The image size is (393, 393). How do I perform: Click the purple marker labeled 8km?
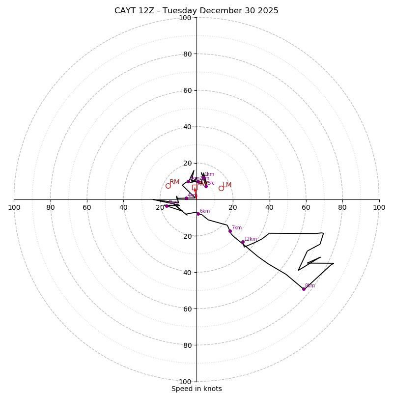pyautogui.click(x=304, y=289)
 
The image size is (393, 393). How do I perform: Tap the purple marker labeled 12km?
pyautogui.click(x=243, y=242)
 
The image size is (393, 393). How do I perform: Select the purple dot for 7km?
pyautogui.click(x=230, y=231)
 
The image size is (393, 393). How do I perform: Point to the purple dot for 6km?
pyautogui.click(x=198, y=214)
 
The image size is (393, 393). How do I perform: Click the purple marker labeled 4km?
pyautogui.click(x=186, y=198)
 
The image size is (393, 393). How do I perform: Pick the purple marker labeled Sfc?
pyautogui.click(x=206, y=186)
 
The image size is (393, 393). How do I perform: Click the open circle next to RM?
pyautogui.click(x=168, y=186)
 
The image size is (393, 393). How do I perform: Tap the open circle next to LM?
pyautogui.click(x=221, y=188)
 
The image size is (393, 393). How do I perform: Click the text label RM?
pyautogui.click(x=174, y=182)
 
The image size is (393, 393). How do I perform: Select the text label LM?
pyautogui.click(x=227, y=185)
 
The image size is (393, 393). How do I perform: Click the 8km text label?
pyautogui.click(x=309, y=286)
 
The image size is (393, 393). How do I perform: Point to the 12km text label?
pyautogui.click(x=251, y=239)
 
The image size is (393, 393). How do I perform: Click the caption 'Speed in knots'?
pyautogui.click(x=196, y=389)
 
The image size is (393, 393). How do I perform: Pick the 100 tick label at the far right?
pyautogui.click(x=379, y=207)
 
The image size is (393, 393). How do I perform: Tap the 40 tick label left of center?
pyautogui.click(x=123, y=207)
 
